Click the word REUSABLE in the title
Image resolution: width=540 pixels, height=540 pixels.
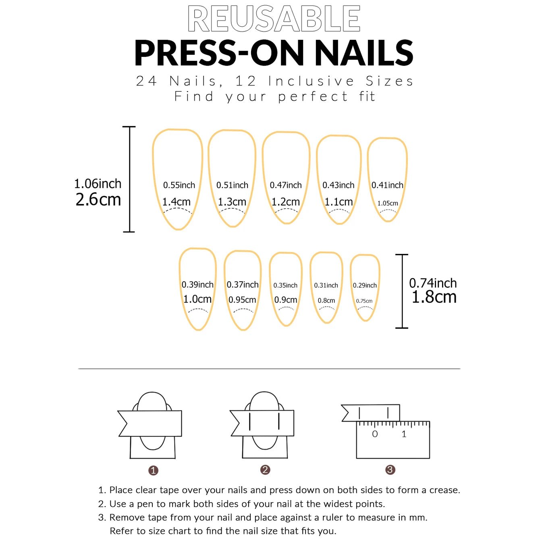(274, 19)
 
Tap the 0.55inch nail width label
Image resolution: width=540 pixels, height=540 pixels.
(179, 185)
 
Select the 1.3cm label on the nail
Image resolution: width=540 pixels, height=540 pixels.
(232, 201)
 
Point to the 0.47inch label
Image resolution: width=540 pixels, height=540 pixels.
(286, 185)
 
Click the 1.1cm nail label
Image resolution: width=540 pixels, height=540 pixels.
(339, 201)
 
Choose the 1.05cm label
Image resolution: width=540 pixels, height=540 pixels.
(388, 204)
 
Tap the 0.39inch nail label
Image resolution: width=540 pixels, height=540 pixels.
(197, 285)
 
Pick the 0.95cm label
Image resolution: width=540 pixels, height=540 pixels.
(242, 300)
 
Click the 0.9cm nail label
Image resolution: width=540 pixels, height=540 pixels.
(286, 300)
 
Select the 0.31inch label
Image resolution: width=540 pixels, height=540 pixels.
(326, 285)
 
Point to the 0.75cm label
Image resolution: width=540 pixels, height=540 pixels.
(364, 301)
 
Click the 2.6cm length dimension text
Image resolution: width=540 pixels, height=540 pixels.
(98, 200)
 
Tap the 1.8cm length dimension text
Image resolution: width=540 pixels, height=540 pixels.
(434, 297)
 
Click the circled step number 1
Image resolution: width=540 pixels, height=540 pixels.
(153, 470)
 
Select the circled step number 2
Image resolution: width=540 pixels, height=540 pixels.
(265, 470)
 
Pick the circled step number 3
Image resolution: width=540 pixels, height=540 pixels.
(390, 470)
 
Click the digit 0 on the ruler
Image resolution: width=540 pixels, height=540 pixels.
(375, 434)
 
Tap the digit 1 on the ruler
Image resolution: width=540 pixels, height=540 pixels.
(404, 434)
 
